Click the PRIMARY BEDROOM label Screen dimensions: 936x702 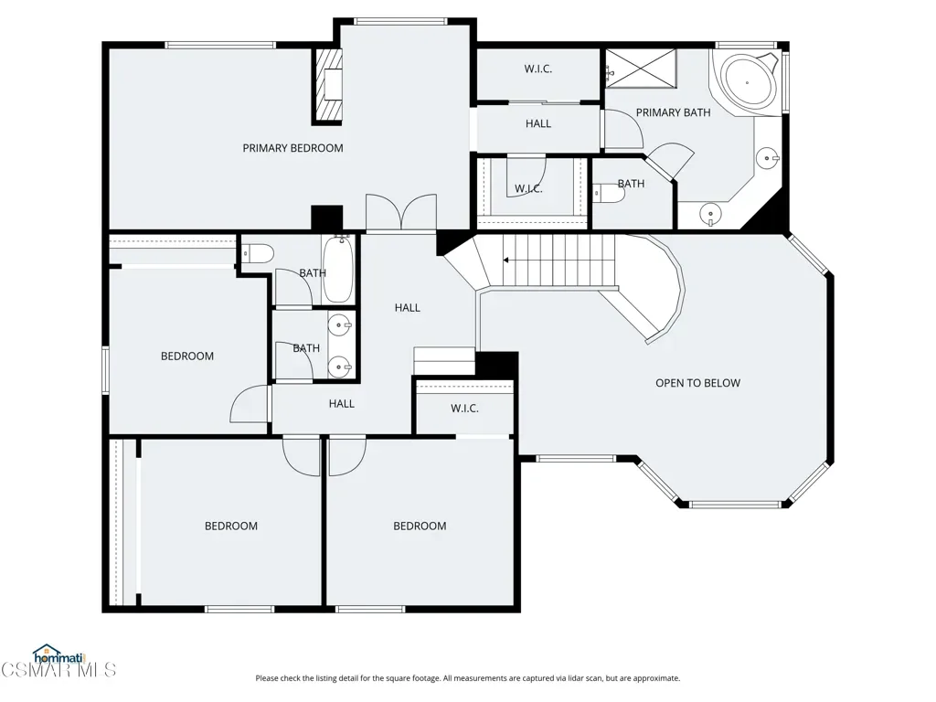click(292, 148)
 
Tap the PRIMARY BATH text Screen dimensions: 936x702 click(673, 112)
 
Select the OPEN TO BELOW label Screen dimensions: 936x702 click(697, 383)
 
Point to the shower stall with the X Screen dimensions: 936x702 click(641, 68)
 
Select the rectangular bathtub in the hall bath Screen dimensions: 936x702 click(338, 269)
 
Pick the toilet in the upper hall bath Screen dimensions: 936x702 click(258, 254)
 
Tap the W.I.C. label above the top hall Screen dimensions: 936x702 click(537, 69)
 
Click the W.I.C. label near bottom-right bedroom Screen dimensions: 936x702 click(464, 409)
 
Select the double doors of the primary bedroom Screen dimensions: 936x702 click(401, 212)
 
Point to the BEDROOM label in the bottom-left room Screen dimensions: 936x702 click(231, 526)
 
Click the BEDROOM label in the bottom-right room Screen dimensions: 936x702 click(420, 526)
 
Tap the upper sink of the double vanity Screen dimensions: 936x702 click(340, 325)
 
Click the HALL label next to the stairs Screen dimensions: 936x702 click(407, 308)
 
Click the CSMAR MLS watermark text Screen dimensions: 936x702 click(58, 670)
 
